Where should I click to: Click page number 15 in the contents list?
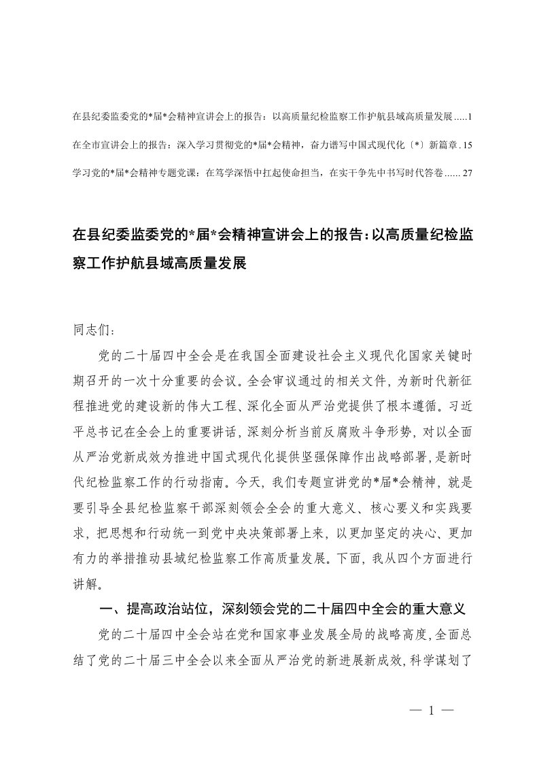467,145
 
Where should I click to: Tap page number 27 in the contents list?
467,173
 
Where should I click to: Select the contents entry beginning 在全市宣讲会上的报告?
265,145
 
